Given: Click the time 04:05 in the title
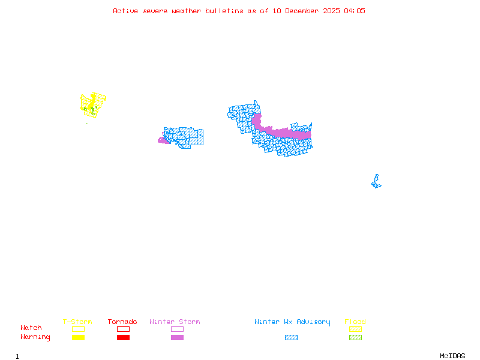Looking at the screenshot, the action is tap(354, 11).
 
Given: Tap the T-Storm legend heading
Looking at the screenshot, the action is tap(77, 322).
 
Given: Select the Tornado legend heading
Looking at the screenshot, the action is tap(122, 322).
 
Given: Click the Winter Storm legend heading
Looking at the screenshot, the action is tap(175, 322).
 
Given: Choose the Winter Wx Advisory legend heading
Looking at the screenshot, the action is tap(292, 322).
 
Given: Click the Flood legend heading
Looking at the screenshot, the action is tap(355, 322).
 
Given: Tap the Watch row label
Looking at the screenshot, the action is tap(31, 328).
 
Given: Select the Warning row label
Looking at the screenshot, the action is tap(35, 337).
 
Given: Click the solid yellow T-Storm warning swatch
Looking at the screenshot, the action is tap(78, 338).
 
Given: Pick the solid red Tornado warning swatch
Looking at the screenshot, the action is tap(123, 338).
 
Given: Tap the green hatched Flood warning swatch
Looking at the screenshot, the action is tap(355, 338).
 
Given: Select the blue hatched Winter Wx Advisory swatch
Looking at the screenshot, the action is tap(291, 338).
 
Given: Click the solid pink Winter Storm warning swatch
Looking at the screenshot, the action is tap(177, 338).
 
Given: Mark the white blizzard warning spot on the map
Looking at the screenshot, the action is tap(377, 172).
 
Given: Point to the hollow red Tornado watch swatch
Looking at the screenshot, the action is tap(123, 329).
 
